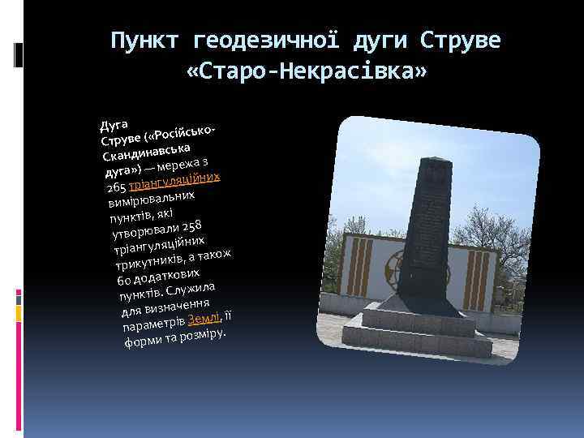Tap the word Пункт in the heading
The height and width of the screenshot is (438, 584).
(144, 39)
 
